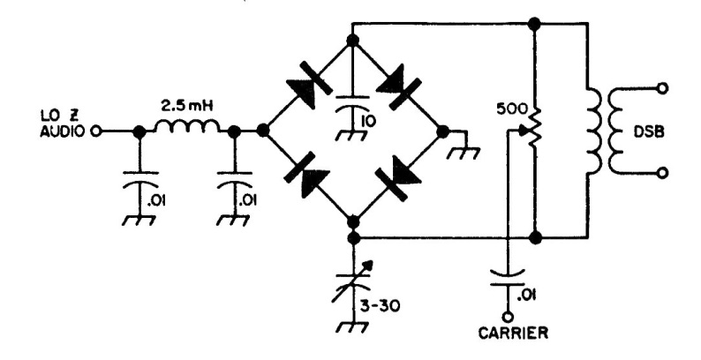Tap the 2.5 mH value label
(186, 108)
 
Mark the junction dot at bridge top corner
(352, 41)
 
